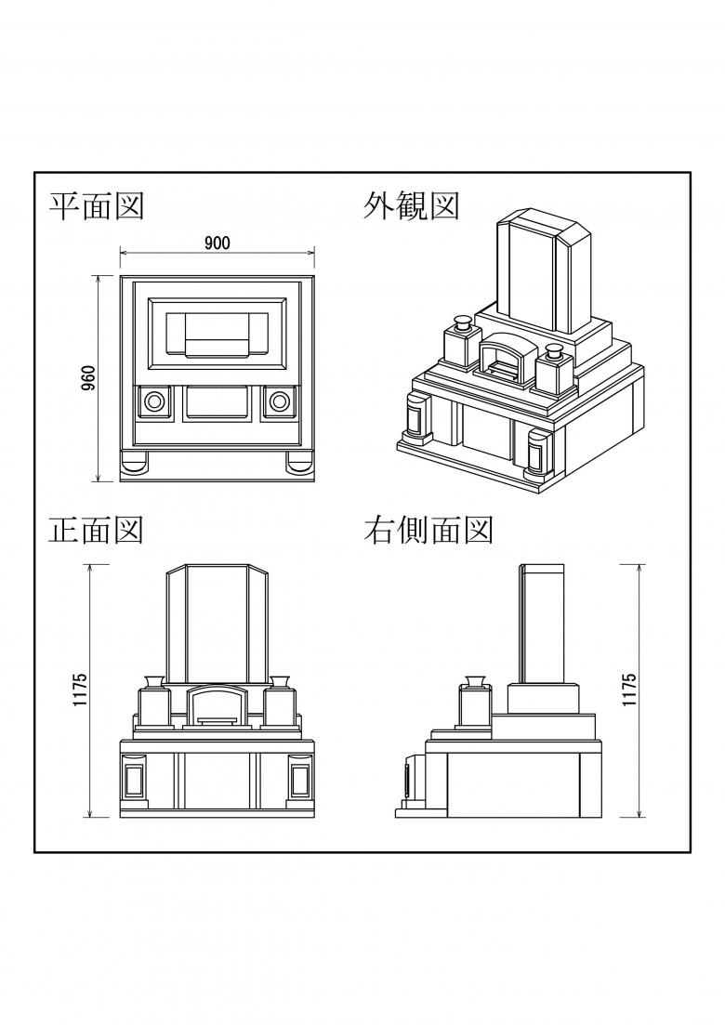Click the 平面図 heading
point(96,205)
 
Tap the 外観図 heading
point(411,205)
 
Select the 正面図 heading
point(96,530)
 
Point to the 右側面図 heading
point(428,530)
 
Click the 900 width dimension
point(217,243)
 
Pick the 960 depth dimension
point(88,378)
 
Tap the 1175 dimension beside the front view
point(80,690)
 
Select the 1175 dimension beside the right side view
point(629,690)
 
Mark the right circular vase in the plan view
point(279,401)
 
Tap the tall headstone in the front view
point(217,624)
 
